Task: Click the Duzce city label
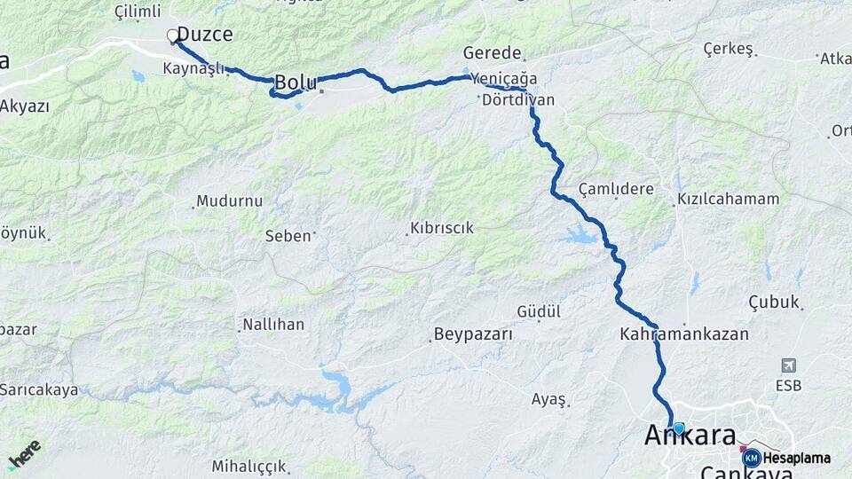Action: point(205,35)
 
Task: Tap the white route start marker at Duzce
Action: point(173,36)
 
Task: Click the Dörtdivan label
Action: point(518,100)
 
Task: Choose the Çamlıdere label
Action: point(616,189)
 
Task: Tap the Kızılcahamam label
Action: point(728,200)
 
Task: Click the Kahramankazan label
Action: point(684,334)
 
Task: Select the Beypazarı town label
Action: point(473,334)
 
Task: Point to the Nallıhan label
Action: point(274,325)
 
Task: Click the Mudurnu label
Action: point(229,201)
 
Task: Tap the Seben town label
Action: point(288,236)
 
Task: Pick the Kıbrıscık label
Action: point(441,228)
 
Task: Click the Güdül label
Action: point(539,311)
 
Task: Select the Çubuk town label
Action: point(774,301)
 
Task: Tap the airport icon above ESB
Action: point(788,365)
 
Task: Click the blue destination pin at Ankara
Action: point(679,428)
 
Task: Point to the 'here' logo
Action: point(24,454)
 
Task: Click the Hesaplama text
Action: point(798,459)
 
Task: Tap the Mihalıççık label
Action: point(248,466)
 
